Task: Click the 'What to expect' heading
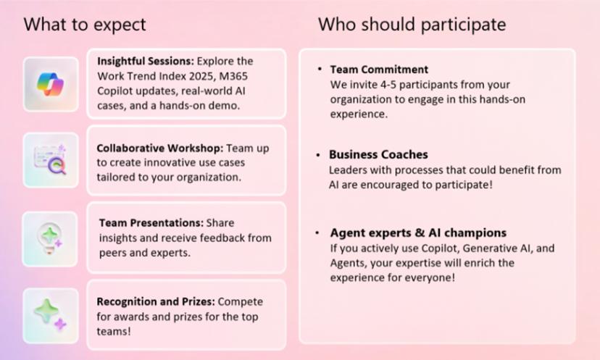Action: [x=85, y=25]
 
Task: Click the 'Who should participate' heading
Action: [x=412, y=25]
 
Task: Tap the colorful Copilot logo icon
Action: [x=51, y=84]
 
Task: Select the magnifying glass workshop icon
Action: [x=51, y=160]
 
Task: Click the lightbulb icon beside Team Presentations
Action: [x=50, y=239]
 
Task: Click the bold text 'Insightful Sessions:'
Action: [x=146, y=62]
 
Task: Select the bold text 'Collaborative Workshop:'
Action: [x=160, y=148]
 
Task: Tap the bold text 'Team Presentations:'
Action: [x=151, y=222]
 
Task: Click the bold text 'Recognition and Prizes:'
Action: [x=156, y=301]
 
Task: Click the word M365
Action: [x=233, y=76]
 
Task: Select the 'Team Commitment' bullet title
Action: [x=379, y=70]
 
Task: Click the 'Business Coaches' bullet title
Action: [x=378, y=154]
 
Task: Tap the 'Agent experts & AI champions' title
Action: [x=418, y=233]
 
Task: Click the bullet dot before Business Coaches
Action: [x=318, y=155]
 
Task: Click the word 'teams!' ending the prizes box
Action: [x=114, y=331]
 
